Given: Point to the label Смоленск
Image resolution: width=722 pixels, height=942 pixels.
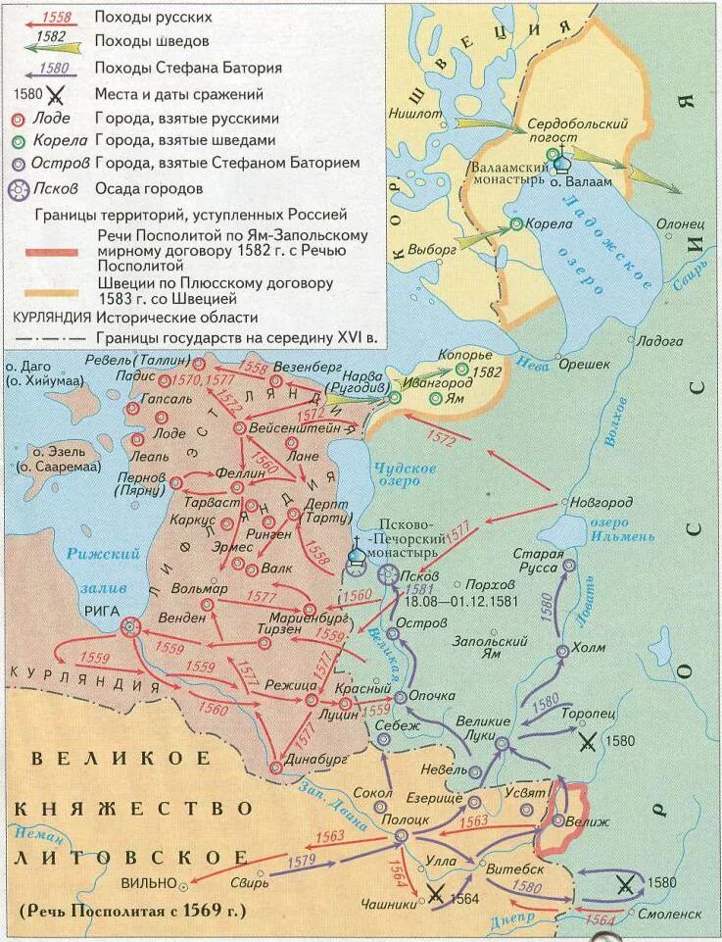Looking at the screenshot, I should [671, 913].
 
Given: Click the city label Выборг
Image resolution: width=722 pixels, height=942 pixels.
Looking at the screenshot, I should [432, 249].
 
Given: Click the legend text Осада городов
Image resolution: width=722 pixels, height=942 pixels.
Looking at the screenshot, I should [149, 189].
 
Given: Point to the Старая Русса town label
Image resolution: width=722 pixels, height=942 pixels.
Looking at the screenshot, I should [538, 562].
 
